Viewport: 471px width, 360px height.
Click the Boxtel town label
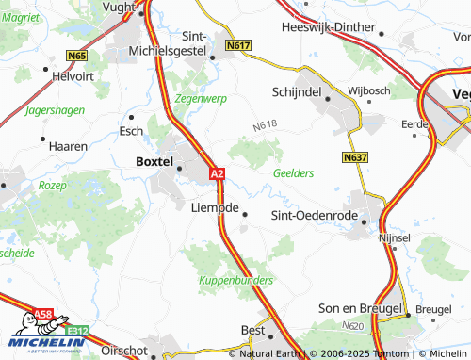click(x=149, y=162)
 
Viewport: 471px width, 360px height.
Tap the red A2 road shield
click(x=217, y=174)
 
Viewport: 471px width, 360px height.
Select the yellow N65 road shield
click(x=76, y=57)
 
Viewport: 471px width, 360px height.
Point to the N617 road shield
click(x=237, y=44)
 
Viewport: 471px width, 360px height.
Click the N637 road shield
click(x=353, y=158)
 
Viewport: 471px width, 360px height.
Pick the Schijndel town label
click(x=297, y=91)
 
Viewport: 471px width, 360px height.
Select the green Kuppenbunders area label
click(x=235, y=281)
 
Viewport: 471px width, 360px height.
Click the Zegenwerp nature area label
click(x=200, y=97)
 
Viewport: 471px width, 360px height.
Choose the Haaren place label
click(x=68, y=146)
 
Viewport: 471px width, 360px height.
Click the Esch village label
click(x=130, y=131)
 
